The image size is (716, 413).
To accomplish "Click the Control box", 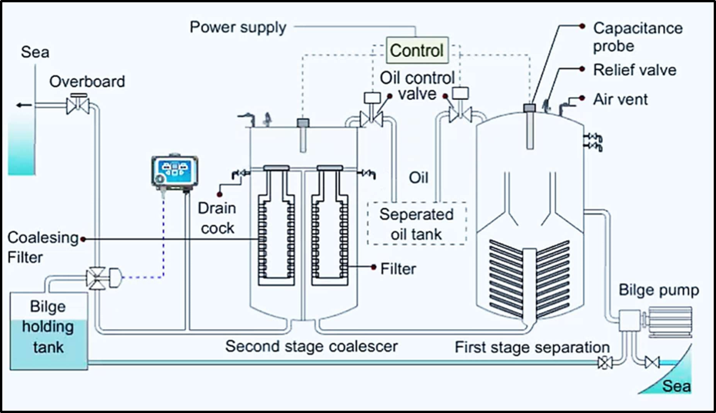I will pos(417,51).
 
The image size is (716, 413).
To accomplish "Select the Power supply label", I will pos(238,28).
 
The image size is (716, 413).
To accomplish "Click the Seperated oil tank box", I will pos(418,223).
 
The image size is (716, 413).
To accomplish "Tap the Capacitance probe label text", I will pos(626,37).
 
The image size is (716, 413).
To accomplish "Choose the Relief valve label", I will pos(634,70).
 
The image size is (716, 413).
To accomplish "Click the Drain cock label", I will pos(215,218).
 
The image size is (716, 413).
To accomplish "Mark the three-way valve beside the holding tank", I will pos(98,278).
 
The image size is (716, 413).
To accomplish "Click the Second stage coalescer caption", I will pos(311,346).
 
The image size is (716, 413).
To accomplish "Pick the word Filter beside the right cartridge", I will pos(398,268).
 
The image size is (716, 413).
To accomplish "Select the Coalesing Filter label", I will pos(43,247).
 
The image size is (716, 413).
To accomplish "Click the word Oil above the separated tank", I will pos(418,178).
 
